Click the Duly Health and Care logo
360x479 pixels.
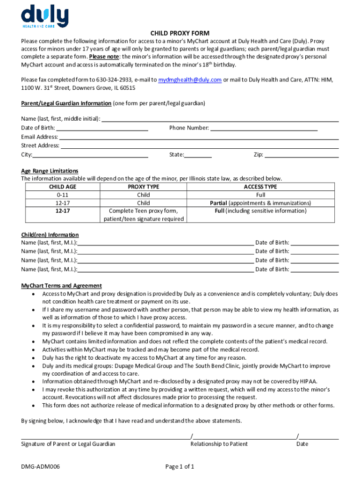[44, 16]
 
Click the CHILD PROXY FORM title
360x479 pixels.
[180, 33]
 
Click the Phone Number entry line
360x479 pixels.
[264, 128]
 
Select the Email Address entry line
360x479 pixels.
[199, 138]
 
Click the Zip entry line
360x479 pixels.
[302, 155]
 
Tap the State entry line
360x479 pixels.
[198, 155]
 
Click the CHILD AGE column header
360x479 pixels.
[63, 187]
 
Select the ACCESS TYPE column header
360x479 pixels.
[260, 187]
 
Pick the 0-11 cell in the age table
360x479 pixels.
[63, 195]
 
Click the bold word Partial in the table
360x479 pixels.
[218, 203]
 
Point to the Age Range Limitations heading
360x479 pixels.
[50, 171]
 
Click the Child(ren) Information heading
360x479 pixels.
[50, 235]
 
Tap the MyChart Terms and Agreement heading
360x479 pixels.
[61, 286]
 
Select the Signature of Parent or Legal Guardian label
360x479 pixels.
[68, 444]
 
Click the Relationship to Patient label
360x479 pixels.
[219, 444]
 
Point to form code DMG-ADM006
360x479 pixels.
[40, 466]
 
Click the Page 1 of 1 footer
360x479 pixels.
[180, 466]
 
